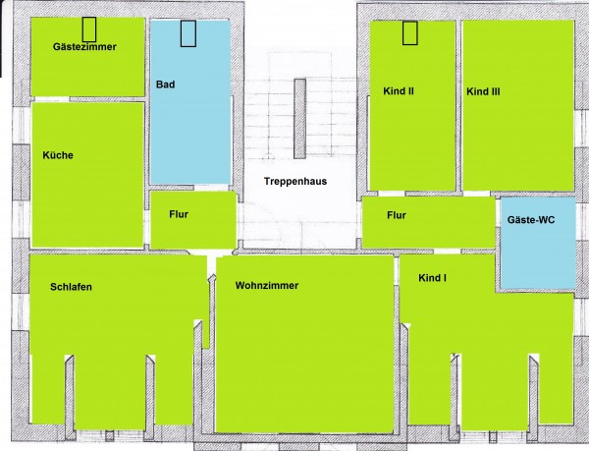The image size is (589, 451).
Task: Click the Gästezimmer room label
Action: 84,47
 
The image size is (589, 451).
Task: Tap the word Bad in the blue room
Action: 165,85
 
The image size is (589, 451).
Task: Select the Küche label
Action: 58,155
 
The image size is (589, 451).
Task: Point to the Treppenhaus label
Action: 295,181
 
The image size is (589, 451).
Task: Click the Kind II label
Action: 399,91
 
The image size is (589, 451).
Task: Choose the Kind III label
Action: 483,91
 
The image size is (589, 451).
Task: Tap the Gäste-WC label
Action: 531,219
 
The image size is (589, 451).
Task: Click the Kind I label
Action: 432,278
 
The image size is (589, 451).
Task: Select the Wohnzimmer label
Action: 267,285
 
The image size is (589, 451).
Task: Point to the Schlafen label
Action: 71,287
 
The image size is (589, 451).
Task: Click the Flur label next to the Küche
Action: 179,214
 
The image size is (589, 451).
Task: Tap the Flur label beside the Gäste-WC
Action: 397,215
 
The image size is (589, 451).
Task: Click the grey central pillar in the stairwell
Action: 299,119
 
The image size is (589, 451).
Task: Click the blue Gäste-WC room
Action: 538,243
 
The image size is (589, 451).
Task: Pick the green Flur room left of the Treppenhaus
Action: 193,220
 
